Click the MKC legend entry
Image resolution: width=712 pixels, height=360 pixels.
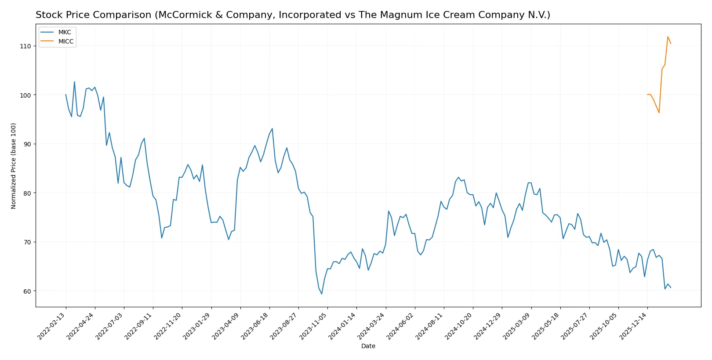click(x=64, y=33)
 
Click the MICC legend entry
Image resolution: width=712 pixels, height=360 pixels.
click(x=65, y=41)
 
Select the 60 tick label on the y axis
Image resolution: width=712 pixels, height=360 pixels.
click(x=27, y=291)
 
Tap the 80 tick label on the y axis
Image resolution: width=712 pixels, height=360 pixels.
click(x=27, y=193)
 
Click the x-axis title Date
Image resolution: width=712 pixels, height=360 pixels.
click(x=368, y=346)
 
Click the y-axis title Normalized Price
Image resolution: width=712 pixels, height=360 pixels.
click(x=14, y=166)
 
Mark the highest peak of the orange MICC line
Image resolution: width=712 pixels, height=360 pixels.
click(x=668, y=36)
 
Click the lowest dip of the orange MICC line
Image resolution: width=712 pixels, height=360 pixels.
click(x=659, y=113)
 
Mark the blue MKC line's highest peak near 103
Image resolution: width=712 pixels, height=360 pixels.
click(x=74, y=82)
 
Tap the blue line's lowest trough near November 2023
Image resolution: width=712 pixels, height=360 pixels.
click(x=322, y=294)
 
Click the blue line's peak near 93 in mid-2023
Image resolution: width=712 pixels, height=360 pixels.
click(x=272, y=128)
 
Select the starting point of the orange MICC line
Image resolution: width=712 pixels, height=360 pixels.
click(x=647, y=95)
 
